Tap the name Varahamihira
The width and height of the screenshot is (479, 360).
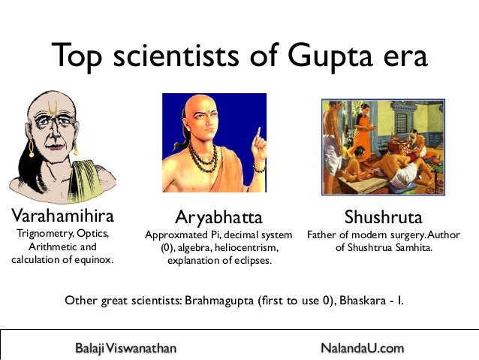click(x=62, y=217)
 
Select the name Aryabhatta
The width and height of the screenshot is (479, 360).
click(x=218, y=218)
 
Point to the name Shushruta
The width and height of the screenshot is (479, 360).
click(x=384, y=218)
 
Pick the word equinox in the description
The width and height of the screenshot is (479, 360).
click(x=93, y=260)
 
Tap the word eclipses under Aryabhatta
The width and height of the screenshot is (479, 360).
click(x=251, y=261)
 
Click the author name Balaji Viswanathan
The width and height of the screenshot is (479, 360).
click(x=125, y=348)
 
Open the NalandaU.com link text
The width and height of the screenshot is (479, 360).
click(x=362, y=348)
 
